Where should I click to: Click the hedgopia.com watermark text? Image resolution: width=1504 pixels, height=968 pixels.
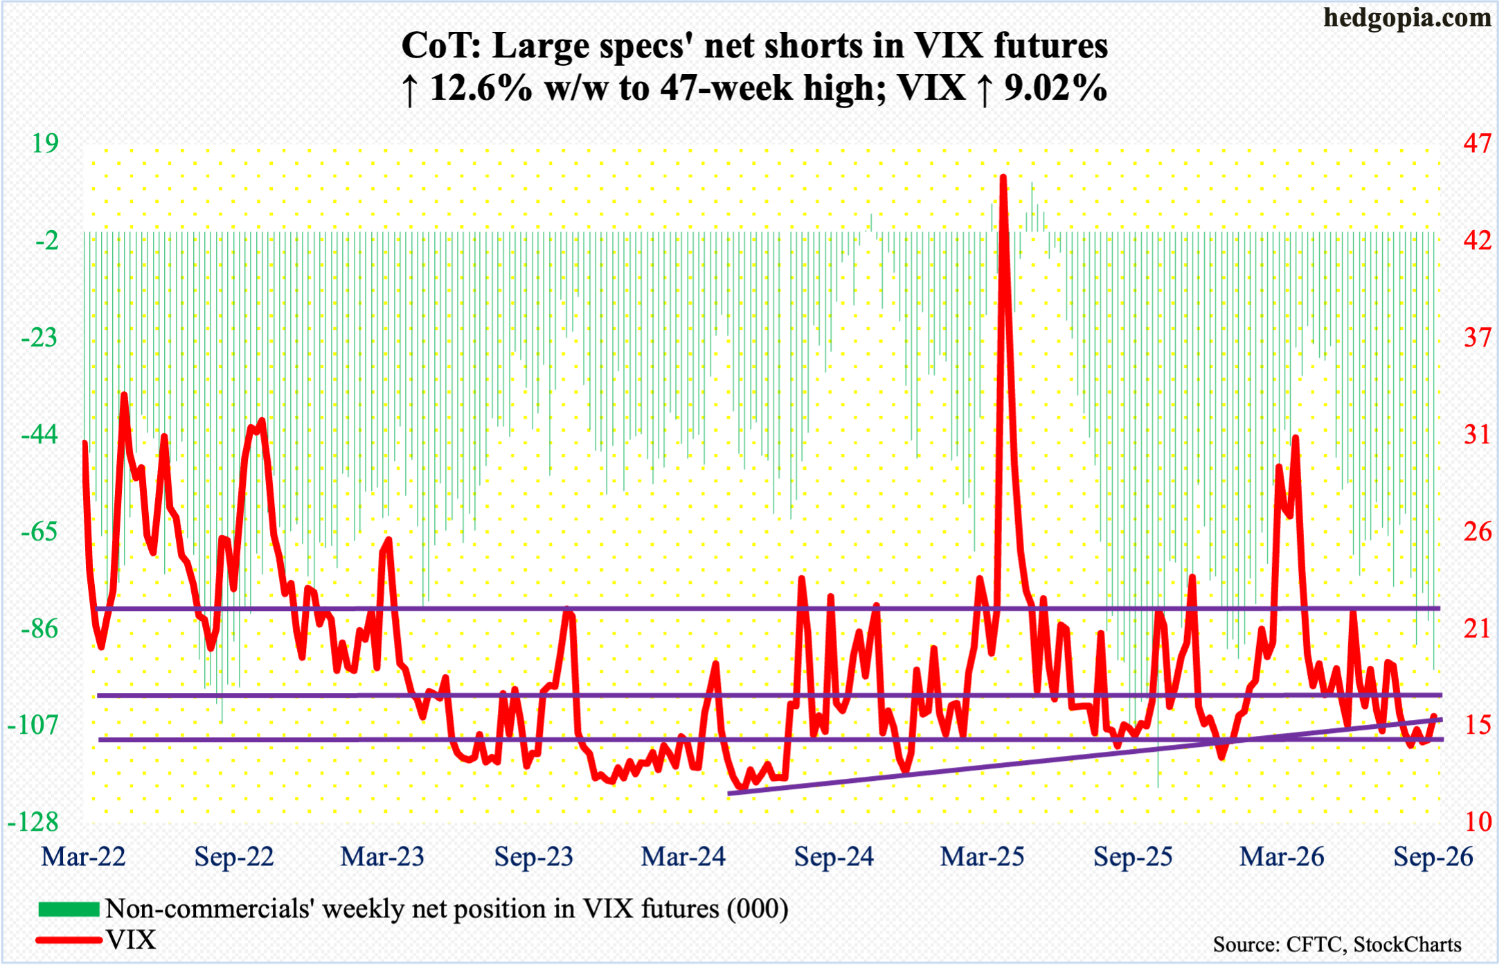[1407, 18]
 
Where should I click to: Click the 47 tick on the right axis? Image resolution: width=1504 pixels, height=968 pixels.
[1477, 143]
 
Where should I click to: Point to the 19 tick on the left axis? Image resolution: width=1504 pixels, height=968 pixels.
[46, 143]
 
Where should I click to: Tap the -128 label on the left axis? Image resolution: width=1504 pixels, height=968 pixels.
[33, 822]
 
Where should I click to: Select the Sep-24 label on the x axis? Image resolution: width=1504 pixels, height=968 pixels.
[834, 857]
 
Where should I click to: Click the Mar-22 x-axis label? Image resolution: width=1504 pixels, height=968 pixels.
[84, 857]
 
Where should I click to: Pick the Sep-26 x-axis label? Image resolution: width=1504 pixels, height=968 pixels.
[1433, 857]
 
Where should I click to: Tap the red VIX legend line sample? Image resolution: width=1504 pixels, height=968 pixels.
[69, 940]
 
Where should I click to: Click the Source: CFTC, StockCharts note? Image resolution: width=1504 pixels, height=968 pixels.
[1337, 944]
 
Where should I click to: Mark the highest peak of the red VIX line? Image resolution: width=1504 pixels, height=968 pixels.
[1003, 177]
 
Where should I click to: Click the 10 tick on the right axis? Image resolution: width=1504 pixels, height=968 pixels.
[1478, 822]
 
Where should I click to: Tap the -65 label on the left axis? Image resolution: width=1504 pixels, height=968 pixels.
[39, 531]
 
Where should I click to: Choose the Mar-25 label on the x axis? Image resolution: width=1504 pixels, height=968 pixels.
[982, 857]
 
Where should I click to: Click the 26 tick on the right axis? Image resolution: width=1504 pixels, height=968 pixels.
[1478, 531]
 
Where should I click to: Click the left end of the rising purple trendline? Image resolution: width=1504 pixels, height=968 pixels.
[730, 793]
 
